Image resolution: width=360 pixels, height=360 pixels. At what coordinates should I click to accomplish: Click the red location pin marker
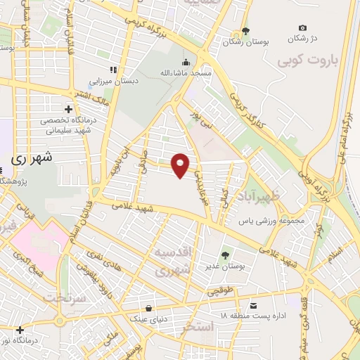click(x=181, y=165)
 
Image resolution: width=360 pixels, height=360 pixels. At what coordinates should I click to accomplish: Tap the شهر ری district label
click(x=33, y=159)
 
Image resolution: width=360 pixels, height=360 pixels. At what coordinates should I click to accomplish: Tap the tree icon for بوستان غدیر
click(x=225, y=255)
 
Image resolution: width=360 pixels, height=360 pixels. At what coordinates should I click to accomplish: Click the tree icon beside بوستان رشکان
click(x=245, y=31)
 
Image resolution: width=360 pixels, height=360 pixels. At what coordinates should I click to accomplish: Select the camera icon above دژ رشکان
click(x=302, y=27)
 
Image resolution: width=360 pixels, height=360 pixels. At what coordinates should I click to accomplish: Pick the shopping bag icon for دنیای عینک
click(x=148, y=307)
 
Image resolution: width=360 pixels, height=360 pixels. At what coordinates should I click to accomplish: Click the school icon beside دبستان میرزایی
click(x=112, y=69)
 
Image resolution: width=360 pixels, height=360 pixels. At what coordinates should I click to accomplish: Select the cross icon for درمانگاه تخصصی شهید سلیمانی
click(x=68, y=109)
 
